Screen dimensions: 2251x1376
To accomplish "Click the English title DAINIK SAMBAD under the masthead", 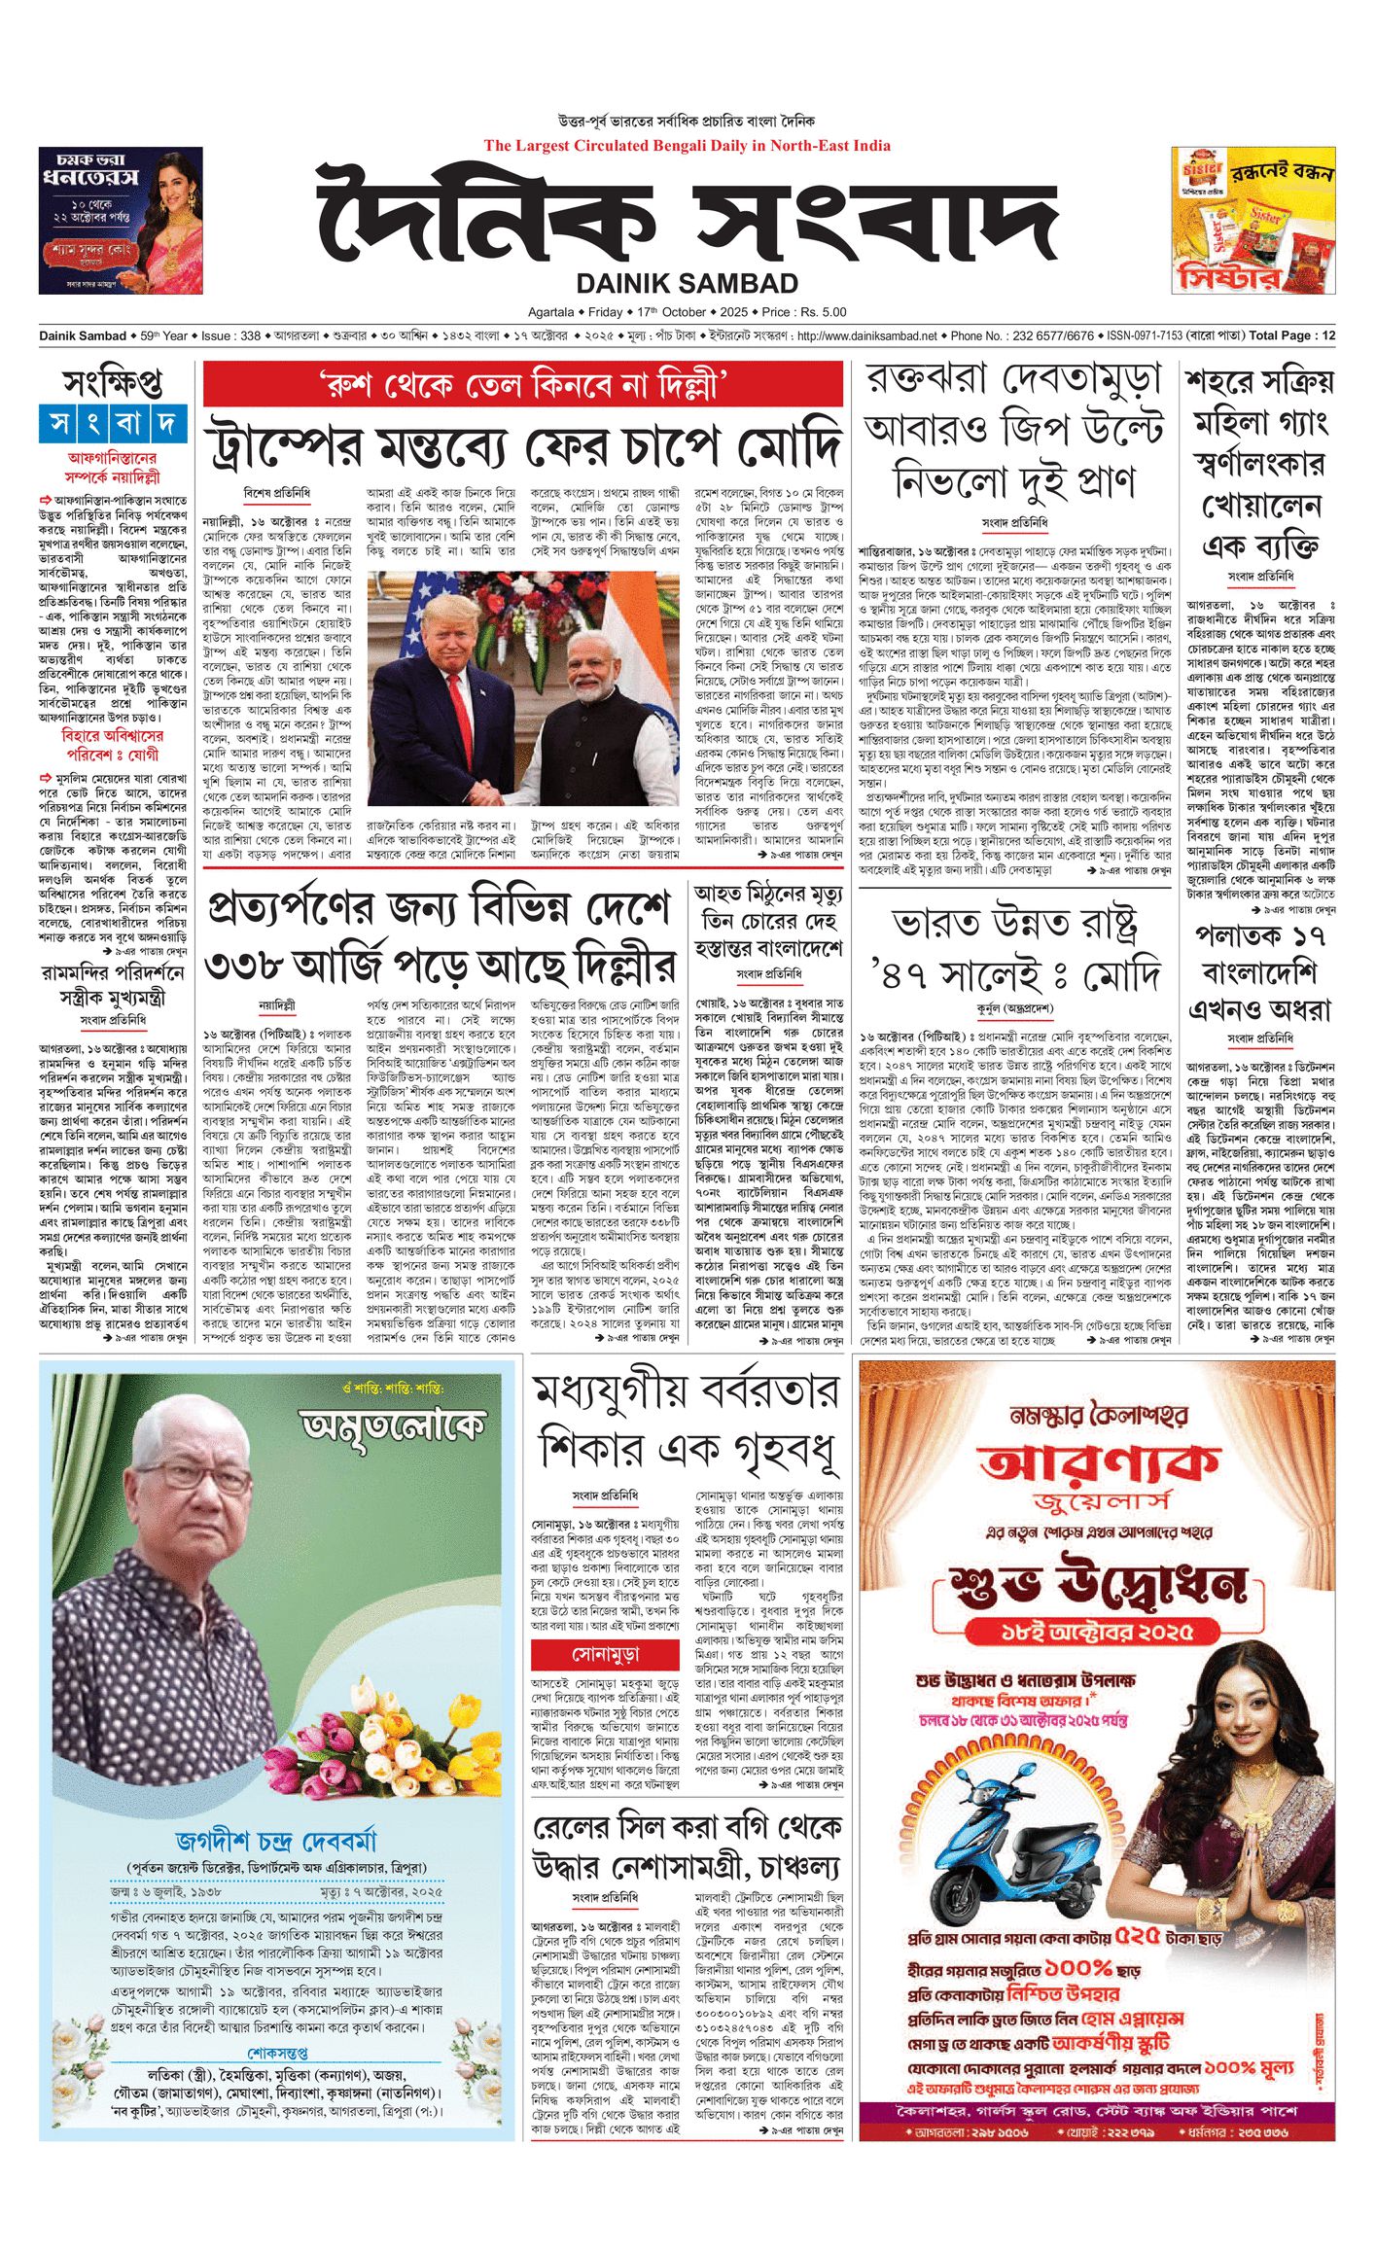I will (687, 284).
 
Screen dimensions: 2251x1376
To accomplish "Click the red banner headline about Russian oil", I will (522, 384).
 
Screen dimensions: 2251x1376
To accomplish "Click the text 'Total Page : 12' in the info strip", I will (1291, 336).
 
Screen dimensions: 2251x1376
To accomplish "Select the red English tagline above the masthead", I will (687, 147).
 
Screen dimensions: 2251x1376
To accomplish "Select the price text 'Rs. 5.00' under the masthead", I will (822, 313).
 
